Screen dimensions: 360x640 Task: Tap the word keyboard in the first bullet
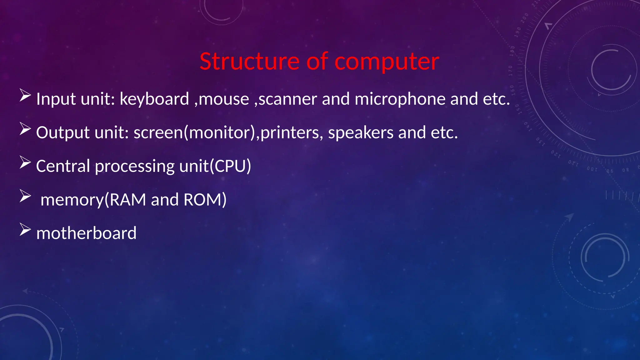tap(154, 99)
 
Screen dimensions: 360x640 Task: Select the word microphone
tap(400, 99)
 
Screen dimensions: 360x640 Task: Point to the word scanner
tap(288, 99)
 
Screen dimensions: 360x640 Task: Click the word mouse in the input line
tap(224, 99)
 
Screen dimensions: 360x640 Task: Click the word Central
tap(63, 166)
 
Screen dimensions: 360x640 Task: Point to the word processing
tap(134, 167)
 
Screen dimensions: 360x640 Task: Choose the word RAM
tap(128, 200)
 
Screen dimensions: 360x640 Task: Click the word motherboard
tap(86, 233)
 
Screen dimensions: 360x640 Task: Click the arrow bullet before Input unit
tap(25, 95)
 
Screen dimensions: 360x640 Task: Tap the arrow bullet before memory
tap(25, 196)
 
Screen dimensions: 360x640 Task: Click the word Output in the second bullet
tap(63, 133)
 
